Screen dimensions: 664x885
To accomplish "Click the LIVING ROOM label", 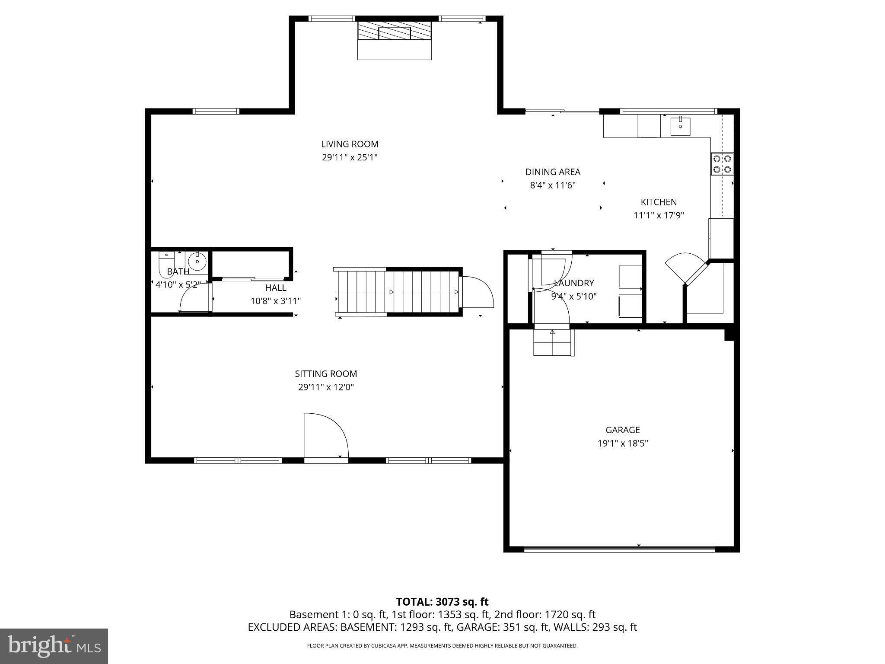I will [x=350, y=144].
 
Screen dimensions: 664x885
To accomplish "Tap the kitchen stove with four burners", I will [x=722, y=164].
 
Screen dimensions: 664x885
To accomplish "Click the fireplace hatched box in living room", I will [x=394, y=31].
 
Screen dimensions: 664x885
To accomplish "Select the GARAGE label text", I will [x=622, y=430].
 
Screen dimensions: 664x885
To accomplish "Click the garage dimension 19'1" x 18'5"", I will [x=622, y=443].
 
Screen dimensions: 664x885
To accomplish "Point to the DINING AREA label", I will [x=553, y=172].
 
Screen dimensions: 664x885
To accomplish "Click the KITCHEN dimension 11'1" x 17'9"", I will [x=659, y=215].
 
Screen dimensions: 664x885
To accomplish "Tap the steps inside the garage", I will [x=552, y=343].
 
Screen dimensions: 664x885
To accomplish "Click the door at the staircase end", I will [x=477, y=292].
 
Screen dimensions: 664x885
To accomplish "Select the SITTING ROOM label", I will [x=326, y=373].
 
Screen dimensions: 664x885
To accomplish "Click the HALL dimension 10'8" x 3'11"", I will [x=275, y=301].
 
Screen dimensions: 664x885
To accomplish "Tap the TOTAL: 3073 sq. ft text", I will [x=442, y=602].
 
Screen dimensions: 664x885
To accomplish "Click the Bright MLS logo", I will [x=54, y=646].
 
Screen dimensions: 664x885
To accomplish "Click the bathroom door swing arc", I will [x=192, y=297].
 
